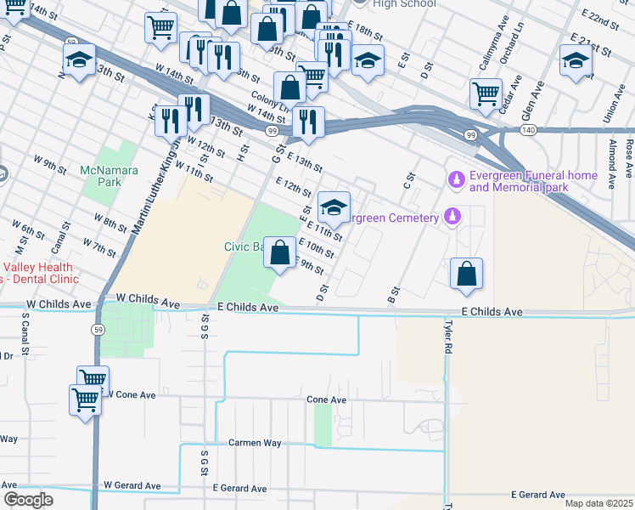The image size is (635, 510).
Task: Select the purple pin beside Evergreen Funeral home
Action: (455, 179)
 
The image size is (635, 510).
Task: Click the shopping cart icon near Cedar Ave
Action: (486, 93)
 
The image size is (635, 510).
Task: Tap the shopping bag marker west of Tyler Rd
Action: (466, 273)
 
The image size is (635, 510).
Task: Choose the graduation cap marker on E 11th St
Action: (334, 207)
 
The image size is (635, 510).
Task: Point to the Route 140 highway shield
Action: (528, 130)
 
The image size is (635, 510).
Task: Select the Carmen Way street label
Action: (255, 443)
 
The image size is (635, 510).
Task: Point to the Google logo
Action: (28, 500)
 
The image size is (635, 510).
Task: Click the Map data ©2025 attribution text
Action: (598, 503)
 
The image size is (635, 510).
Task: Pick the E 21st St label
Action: (592, 45)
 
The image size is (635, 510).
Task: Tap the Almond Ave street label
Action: (611, 150)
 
